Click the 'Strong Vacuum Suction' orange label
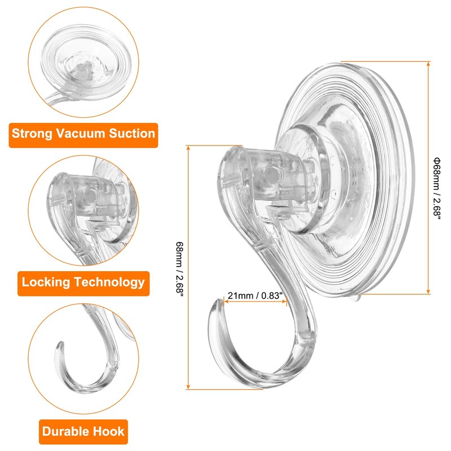point(83,134)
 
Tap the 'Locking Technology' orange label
point(83,281)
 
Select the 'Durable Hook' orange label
point(83,432)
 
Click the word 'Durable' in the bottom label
point(67,432)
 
